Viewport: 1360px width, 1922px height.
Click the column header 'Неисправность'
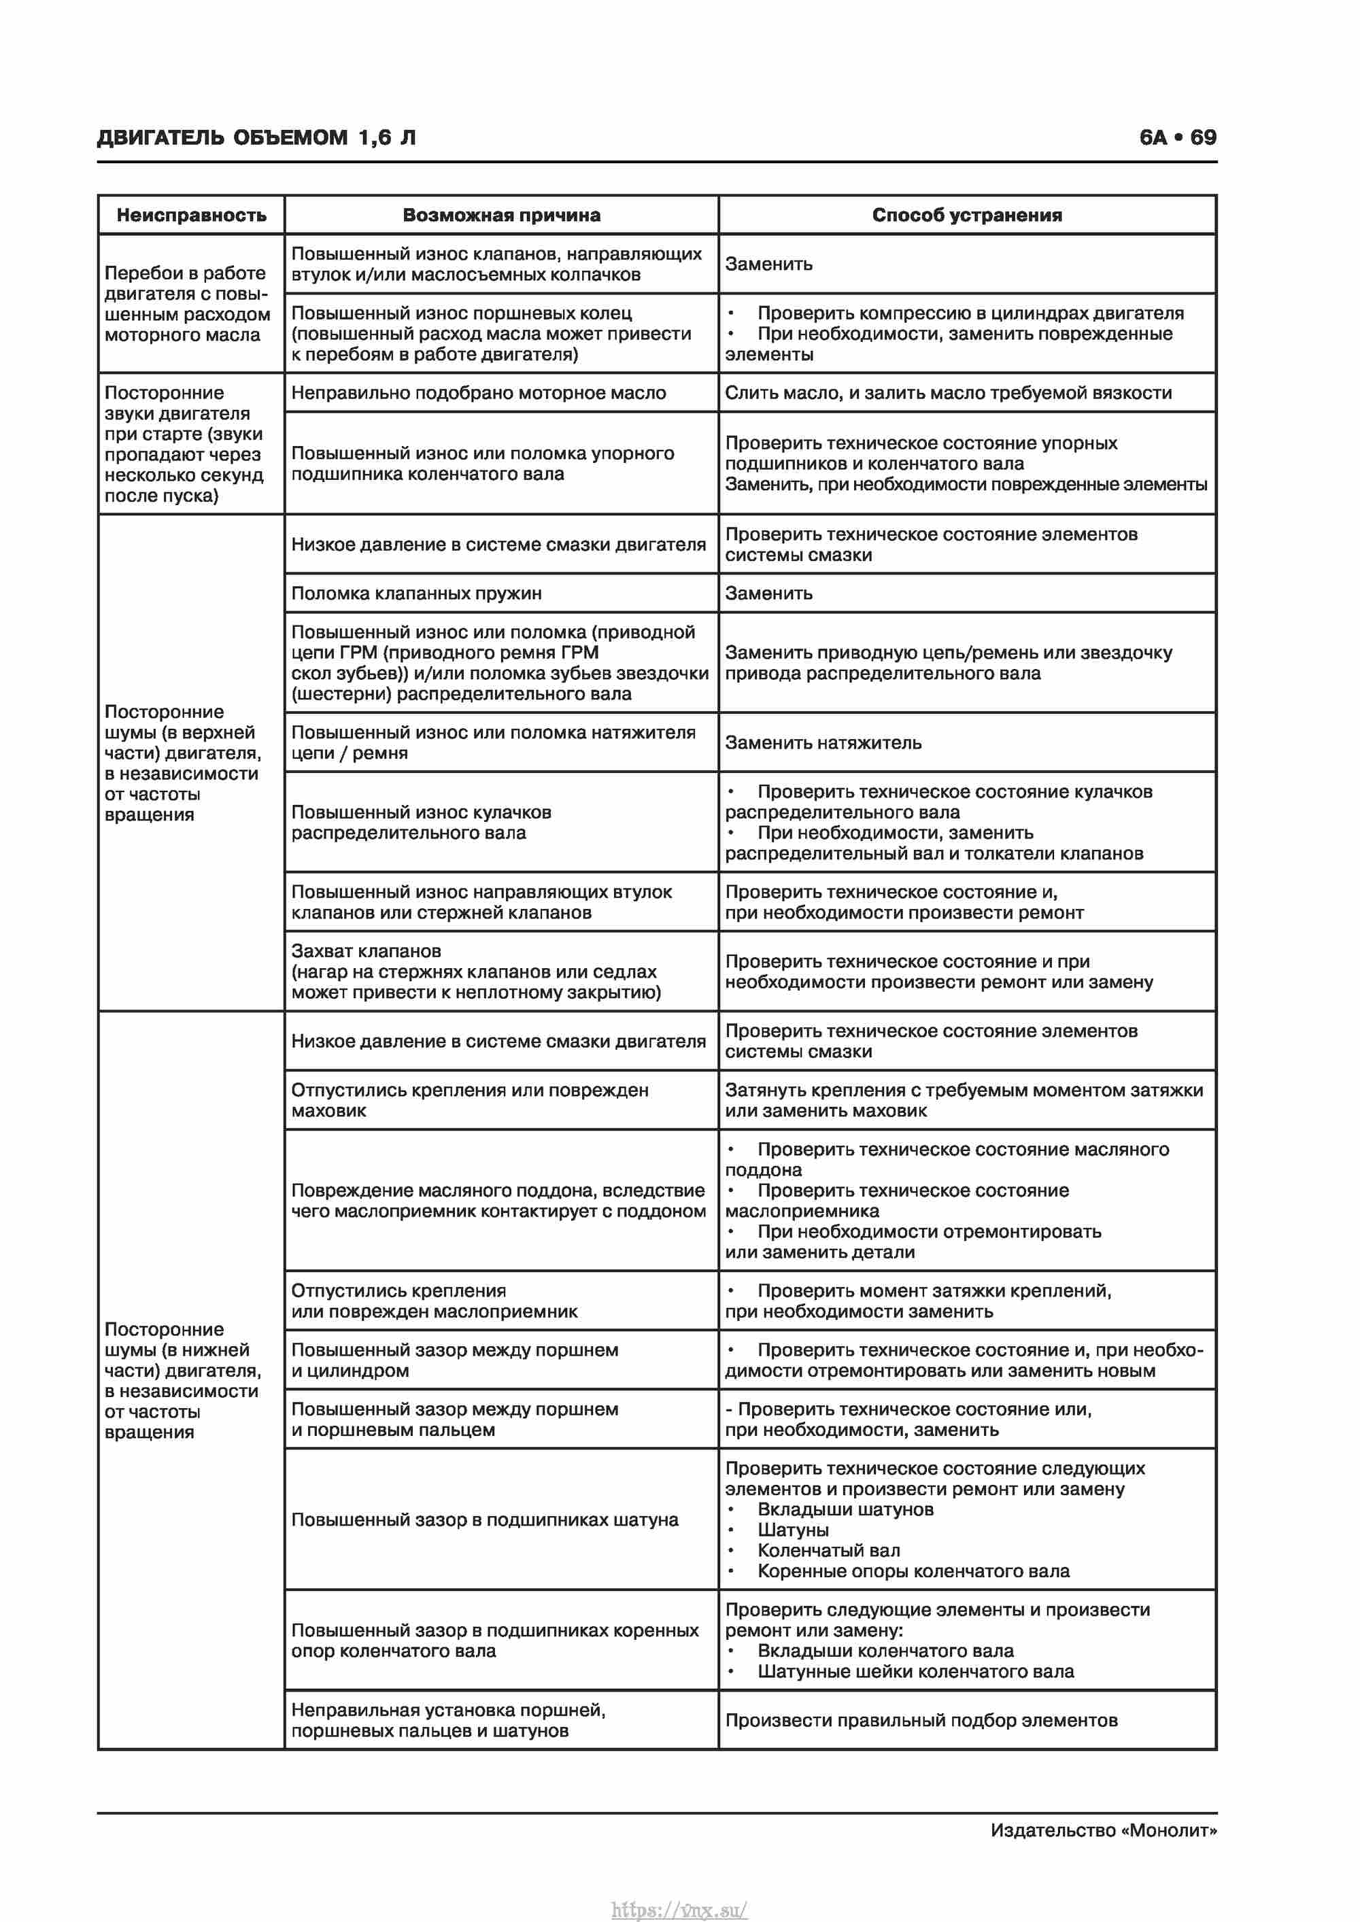pyautogui.click(x=191, y=215)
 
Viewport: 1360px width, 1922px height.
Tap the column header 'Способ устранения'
pyautogui.click(x=966, y=215)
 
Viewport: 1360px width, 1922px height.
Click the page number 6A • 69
pyautogui.click(x=1178, y=137)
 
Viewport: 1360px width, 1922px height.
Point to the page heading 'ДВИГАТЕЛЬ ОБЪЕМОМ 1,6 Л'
pyautogui.click(x=256, y=137)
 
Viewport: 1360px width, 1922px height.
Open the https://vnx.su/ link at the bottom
pyautogui.click(x=679, y=1910)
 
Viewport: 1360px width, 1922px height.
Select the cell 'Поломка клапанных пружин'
pyautogui.click(x=416, y=594)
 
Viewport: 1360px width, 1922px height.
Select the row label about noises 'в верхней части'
pyautogui.click(x=182, y=763)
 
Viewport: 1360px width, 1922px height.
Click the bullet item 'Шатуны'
pyautogui.click(x=792, y=1530)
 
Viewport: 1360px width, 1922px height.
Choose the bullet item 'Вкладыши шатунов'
pyautogui.click(x=845, y=1509)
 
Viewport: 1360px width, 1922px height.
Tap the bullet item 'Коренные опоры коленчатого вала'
pyautogui.click(x=913, y=1571)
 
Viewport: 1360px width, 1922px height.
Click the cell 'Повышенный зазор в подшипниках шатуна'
pyautogui.click(x=484, y=1520)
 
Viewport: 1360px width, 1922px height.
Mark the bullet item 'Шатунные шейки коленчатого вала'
pyautogui.click(x=915, y=1672)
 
